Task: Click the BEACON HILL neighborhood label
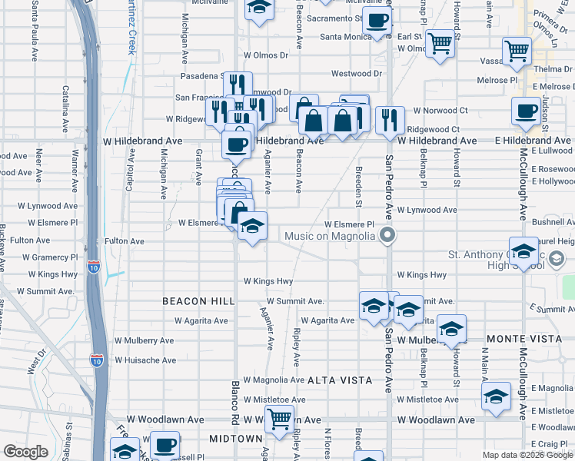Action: (193, 302)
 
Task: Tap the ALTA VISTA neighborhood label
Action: (340, 380)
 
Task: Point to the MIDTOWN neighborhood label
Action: (237, 438)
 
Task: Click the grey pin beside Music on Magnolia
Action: (388, 235)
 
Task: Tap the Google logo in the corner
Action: (25, 452)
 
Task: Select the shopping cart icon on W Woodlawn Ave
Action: (278, 419)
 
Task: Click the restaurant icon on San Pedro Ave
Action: (391, 119)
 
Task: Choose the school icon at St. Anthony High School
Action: (523, 251)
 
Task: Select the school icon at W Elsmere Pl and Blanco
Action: (252, 226)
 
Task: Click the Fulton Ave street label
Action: (125, 240)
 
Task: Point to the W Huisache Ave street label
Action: (146, 360)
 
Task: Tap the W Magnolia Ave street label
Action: (274, 380)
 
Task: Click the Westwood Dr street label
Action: (356, 74)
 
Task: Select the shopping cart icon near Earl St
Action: (440, 43)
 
